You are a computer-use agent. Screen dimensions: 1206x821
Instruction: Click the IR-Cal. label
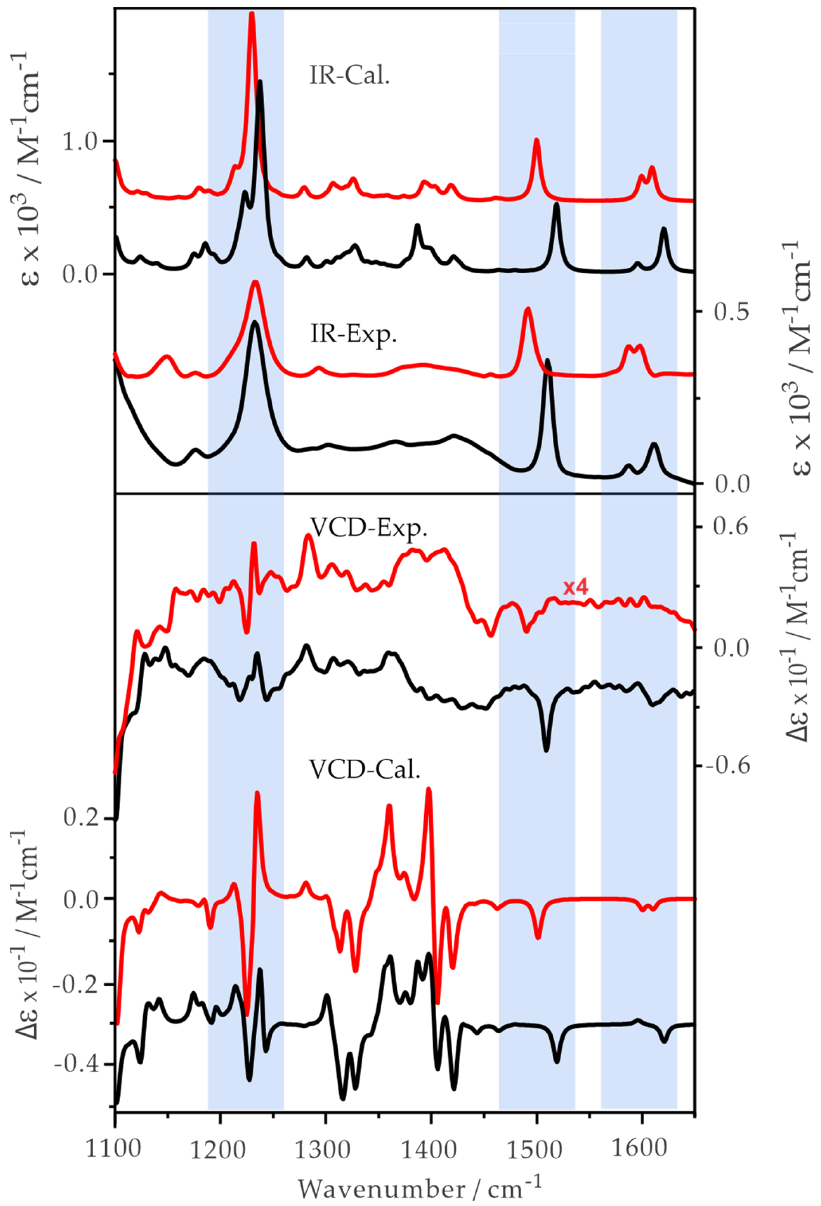point(349,77)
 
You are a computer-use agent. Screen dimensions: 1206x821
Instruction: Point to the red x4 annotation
point(576,587)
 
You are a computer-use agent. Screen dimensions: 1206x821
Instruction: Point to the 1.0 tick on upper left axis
point(81,141)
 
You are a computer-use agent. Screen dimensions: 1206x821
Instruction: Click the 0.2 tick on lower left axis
point(81,818)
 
